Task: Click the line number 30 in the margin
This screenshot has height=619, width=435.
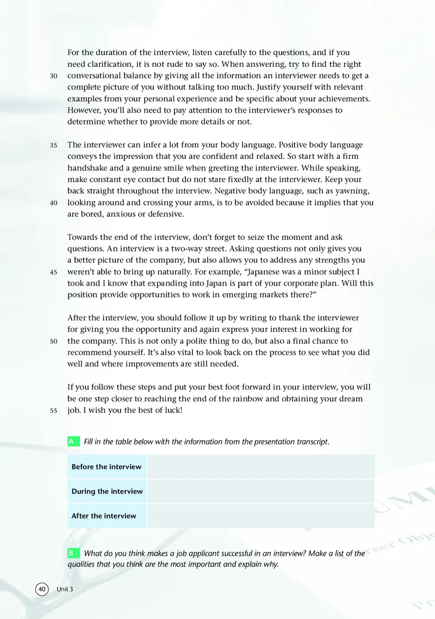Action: coord(53,76)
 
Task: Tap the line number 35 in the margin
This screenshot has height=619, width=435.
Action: coord(53,146)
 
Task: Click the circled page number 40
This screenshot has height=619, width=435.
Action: coord(42,590)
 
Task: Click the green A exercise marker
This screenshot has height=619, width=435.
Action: coord(71,442)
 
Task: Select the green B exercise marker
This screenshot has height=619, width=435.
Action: coord(71,553)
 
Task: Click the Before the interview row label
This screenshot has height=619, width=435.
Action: coord(107,467)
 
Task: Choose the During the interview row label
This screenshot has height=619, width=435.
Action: coord(107,491)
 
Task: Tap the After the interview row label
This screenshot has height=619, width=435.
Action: coord(104,516)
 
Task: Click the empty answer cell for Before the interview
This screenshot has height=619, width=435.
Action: coord(260,467)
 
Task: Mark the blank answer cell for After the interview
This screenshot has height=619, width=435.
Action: coord(260,516)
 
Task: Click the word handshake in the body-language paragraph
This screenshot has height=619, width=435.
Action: coord(89,169)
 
